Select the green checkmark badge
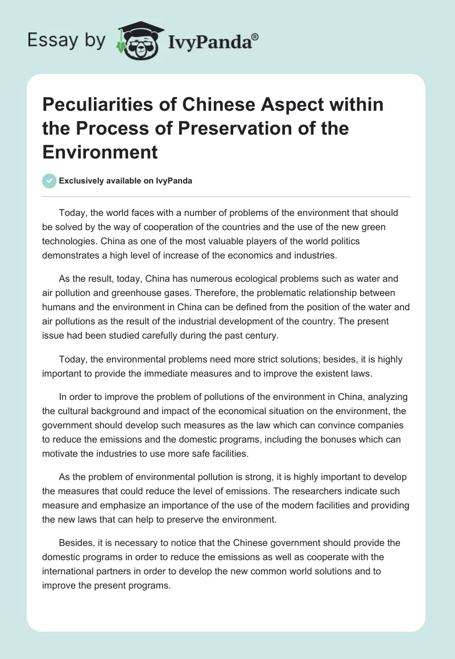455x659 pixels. click(x=49, y=181)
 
